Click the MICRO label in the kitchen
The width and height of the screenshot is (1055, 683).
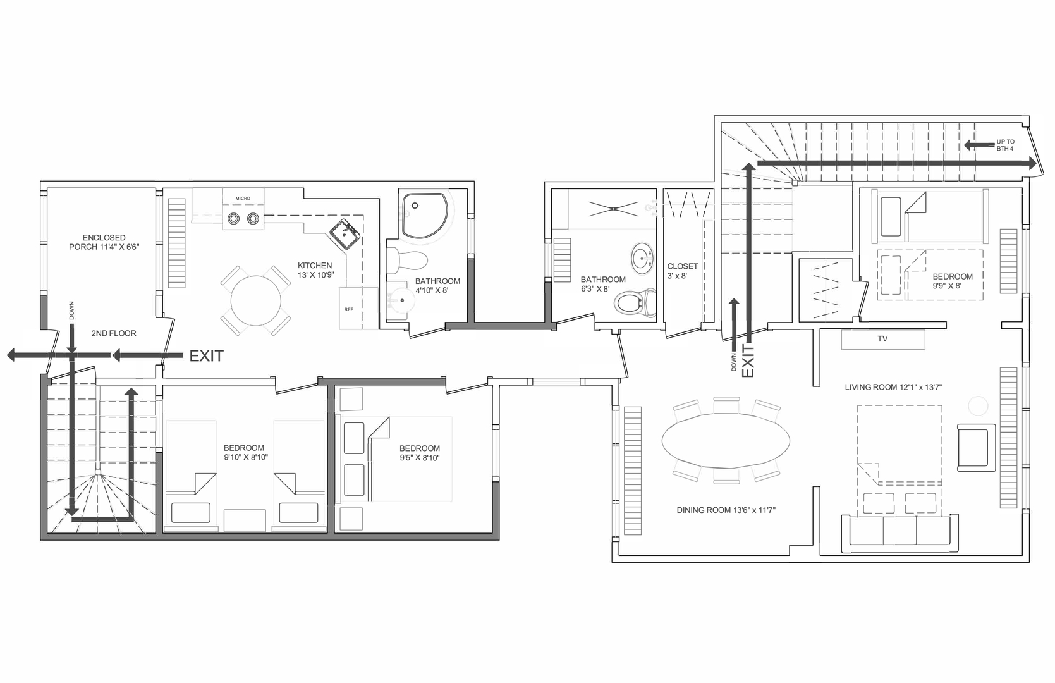coord(243,199)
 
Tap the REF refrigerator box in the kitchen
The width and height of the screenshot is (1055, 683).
coord(350,309)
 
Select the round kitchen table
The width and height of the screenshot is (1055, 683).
coord(256,300)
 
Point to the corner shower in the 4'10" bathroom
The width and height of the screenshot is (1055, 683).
coord(425,215)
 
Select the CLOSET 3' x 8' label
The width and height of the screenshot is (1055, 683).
coord(682,271)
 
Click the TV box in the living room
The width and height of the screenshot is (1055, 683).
coord(882,339)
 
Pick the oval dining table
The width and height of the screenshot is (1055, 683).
coord(726,441)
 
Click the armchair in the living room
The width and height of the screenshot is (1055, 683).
coord(975,447)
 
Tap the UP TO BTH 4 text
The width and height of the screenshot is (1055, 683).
coord(1005,145)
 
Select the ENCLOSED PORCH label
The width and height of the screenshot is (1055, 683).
coord(104,242)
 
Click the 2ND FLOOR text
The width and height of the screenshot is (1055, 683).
coord(114,333)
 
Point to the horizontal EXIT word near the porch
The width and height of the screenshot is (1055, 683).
coord(207,356)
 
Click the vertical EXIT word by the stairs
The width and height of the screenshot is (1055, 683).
coord(748,361)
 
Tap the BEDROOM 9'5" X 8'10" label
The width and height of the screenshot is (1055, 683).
coord(419,453)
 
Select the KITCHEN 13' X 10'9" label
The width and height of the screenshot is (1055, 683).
coord(315,270)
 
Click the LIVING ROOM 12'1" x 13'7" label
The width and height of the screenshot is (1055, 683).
coord(893,387)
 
